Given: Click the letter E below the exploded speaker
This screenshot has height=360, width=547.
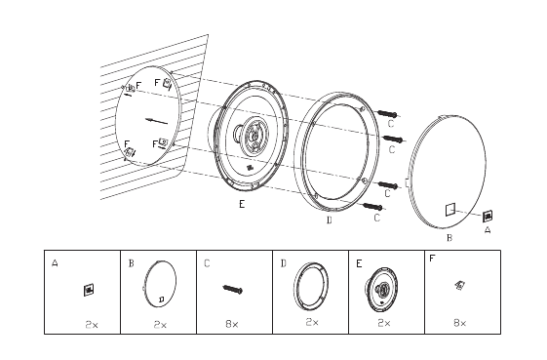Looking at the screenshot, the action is coord(242,204).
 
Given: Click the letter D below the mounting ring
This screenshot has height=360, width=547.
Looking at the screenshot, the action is coord(329,220).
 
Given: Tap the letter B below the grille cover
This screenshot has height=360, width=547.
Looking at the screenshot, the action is coord(449,238).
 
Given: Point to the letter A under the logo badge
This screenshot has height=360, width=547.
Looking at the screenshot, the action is coord(488,230).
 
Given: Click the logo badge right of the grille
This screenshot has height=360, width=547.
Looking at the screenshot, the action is coord(488,217).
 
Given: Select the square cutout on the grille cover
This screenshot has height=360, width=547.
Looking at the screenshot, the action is coord(450,210).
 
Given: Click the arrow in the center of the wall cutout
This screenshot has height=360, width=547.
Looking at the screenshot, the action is coord(156,121).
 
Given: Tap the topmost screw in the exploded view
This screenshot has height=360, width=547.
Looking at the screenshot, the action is coord(387,114).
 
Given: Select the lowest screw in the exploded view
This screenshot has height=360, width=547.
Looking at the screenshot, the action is coord(372,207).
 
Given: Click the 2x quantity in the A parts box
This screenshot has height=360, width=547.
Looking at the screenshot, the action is coord(92,324).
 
